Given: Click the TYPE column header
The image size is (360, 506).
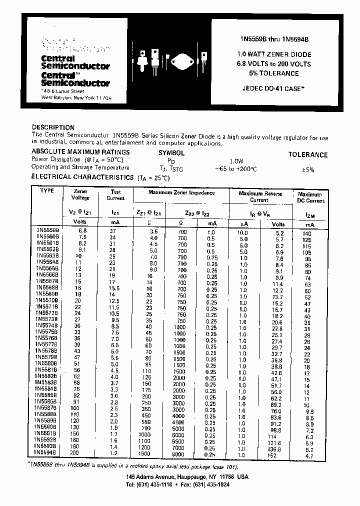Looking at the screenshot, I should click(46, 191).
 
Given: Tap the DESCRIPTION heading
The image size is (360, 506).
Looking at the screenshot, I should click(53, 127).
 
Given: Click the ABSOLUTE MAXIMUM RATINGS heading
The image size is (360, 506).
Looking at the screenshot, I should click(80, 152).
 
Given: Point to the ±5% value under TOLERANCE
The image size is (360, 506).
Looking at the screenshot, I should click(308, 169).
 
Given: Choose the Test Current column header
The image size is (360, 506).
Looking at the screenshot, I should click(115, 195).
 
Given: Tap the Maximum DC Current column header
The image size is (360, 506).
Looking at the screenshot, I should click(310, 197).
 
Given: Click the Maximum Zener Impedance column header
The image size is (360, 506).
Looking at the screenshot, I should click(181, 192).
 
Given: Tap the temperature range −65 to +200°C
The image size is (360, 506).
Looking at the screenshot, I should click(235, 169).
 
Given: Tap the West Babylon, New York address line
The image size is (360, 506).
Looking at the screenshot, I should click(76, 98).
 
